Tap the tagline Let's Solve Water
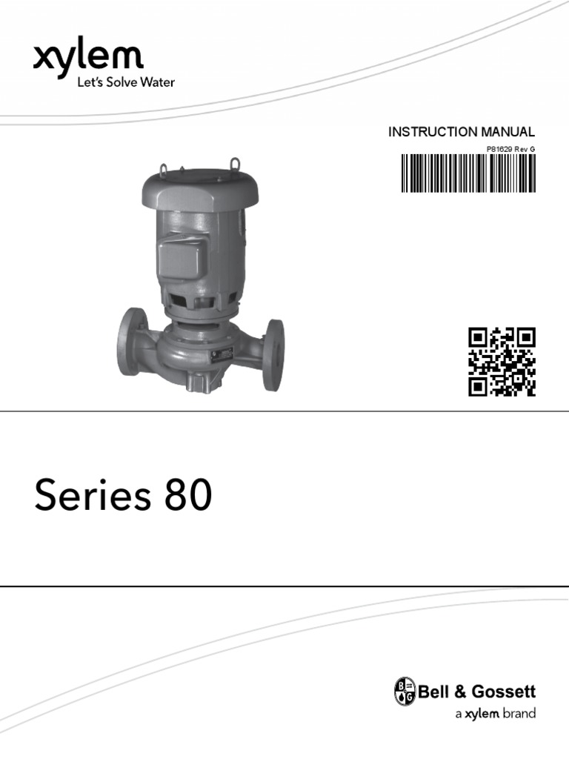126,83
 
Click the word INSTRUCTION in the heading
423,132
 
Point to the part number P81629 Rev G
510,149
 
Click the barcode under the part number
468,173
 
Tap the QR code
502,361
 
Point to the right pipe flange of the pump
273,354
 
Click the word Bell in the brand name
434,692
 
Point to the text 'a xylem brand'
494,715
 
